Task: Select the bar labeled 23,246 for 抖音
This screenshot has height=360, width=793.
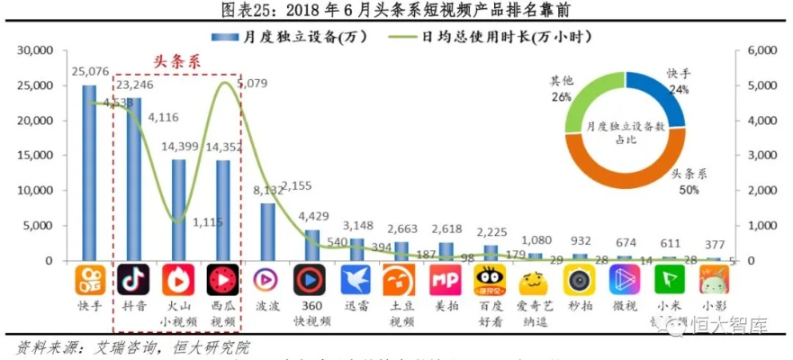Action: (x=134, y=179)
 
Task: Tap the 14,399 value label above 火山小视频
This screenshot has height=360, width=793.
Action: (x=179, y=146)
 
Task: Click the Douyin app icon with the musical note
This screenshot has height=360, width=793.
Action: (x=134, y=281)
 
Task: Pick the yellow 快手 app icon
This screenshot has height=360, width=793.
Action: (x=89, y=281)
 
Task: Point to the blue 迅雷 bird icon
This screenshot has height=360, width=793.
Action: (x=356, y=281)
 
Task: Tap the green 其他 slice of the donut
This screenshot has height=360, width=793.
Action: (x=589, y=99)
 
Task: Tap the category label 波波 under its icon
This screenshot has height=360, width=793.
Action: (x=267, y=305)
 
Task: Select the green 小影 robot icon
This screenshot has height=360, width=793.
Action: (x=714, y=281)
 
